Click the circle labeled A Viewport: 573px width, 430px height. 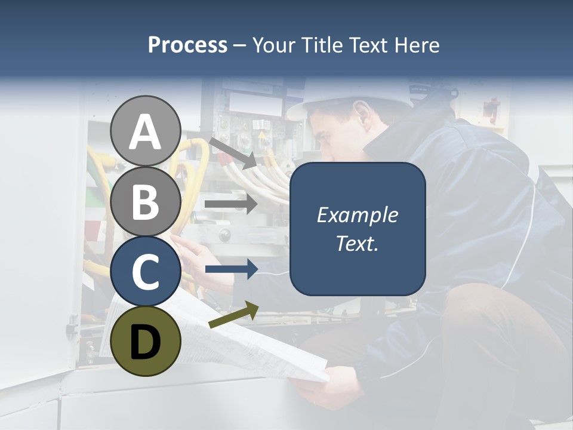point(145,131)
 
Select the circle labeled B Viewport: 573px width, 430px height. point(145,202)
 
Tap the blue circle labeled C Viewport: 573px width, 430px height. point(145,271)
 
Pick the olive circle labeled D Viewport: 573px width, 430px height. point(145,341)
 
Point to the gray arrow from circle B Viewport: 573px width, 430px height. point(231,204)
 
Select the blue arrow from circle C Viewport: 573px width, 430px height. point(231,269)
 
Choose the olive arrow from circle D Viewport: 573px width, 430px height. point(233,315)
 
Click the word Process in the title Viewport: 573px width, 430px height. point(187,45)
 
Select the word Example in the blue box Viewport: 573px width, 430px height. point(357,215)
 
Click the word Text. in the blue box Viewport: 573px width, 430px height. point(357,243)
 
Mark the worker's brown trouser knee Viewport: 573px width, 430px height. point(478,334)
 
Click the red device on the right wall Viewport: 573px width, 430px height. point(491,109)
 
